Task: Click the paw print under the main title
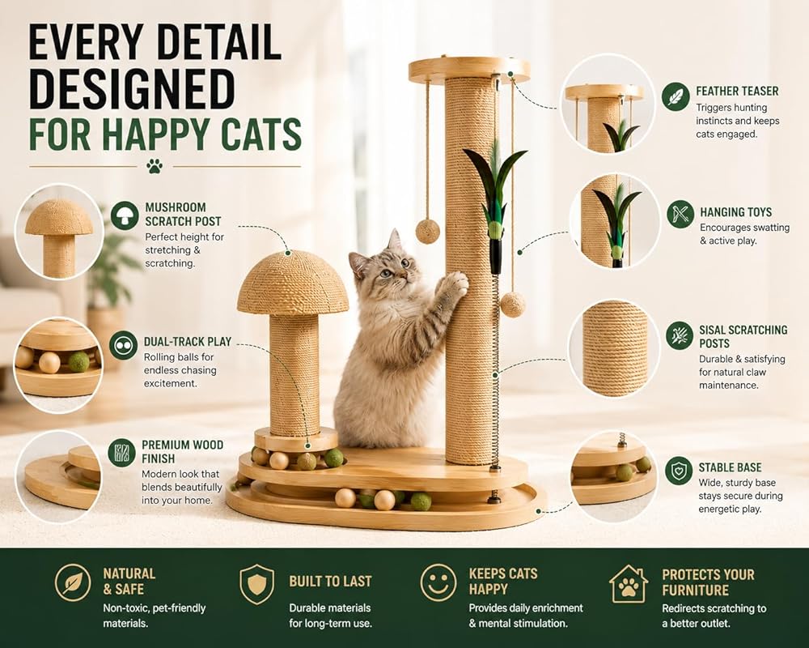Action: click(155, 166)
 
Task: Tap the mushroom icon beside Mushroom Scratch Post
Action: click(125, 215)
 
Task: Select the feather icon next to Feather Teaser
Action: click(676, 96)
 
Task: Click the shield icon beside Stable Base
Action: click(679, 470)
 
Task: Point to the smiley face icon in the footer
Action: click(438, 582)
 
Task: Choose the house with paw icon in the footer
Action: click(629, 584)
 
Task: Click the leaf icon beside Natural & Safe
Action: click(73, 582)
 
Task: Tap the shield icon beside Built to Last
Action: click(257, 584)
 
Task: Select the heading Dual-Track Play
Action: click(188, 342)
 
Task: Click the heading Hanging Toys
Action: click(735, 212)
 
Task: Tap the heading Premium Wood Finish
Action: click(183, 452)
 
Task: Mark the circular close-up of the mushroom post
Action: click(59, 232)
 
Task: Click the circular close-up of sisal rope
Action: click(614, 349)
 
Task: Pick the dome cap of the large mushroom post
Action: click(293, 283)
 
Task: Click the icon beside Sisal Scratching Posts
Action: click(680, 335)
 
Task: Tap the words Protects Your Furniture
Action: click(708, 582)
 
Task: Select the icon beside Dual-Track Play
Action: click(123, 346)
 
